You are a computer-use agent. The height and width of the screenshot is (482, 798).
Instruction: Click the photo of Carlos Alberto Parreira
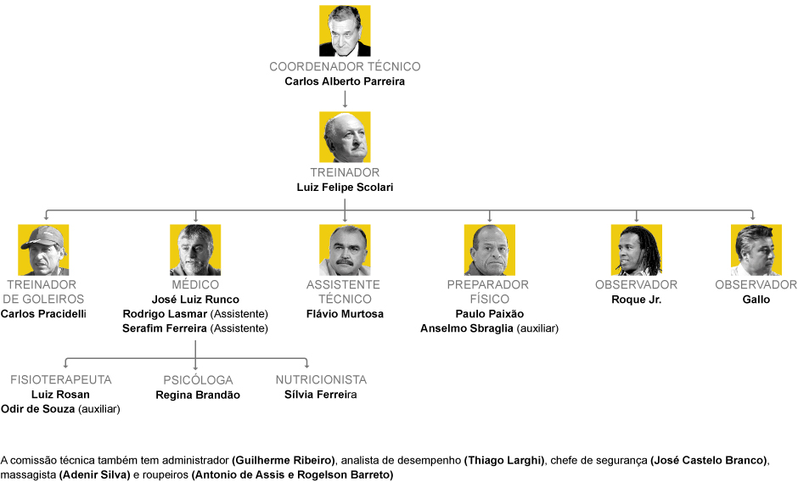pos(345,31)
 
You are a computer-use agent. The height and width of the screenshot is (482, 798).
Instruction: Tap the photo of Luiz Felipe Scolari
pos(345,137)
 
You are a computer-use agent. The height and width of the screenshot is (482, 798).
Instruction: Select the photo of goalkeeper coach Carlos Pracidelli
pos(43,249)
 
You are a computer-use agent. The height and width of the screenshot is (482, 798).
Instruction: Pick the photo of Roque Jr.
pos(637,249)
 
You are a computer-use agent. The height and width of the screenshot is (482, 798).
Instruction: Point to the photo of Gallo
pos(756,249)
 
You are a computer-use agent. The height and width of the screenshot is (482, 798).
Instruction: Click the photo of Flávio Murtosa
pos(345,249)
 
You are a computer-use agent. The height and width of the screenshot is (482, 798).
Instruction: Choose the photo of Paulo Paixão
pos(490,249)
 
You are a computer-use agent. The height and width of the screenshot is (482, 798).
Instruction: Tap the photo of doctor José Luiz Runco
pos(195,249)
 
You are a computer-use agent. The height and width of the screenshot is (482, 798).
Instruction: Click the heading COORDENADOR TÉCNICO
pos(345,66)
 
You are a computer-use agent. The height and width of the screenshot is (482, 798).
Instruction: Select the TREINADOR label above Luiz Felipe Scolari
pos(345,172)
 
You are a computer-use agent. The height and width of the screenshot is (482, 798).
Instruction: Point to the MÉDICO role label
pos(195,285)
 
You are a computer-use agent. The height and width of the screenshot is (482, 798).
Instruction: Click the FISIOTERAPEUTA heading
pos(61,380)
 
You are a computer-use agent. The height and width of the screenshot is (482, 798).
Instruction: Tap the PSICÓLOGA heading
pos(198,380)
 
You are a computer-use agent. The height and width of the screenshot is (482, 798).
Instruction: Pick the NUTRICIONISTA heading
pos(321,380)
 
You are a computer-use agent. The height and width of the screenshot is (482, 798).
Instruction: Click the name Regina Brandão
pos(198,395)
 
